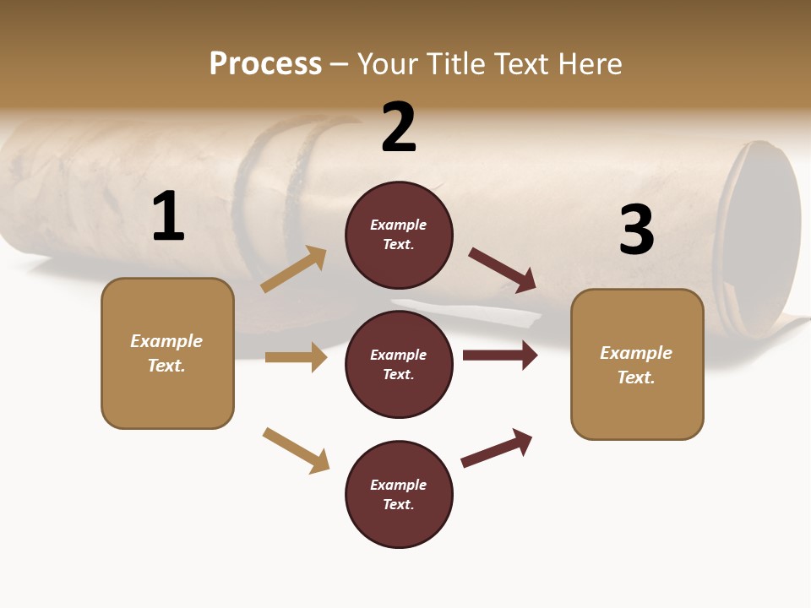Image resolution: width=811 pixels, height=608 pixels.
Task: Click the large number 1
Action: tap(168, 216)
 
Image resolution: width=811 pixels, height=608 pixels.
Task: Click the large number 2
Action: tap(399, 128)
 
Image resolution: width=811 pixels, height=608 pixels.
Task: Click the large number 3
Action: tap(636, 230)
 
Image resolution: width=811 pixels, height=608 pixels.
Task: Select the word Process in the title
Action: tap(265, 63)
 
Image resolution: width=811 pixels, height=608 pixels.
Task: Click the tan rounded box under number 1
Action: tap(167, 353)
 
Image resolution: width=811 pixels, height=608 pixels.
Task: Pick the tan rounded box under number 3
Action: tap(637, 365)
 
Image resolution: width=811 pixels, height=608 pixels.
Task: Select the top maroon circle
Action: tap(399, 235)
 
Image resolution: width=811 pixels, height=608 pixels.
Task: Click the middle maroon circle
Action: tap(399, 364)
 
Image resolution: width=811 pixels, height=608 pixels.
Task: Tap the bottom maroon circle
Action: tap(399, 494)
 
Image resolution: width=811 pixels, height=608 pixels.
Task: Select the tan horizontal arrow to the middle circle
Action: tap(296, 357)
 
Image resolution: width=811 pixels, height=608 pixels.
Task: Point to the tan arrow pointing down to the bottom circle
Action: tap(296, 450)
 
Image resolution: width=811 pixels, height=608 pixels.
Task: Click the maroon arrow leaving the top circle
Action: tap(503, 270)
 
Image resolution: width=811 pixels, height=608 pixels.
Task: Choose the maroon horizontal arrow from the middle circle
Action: tap(500, 356)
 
